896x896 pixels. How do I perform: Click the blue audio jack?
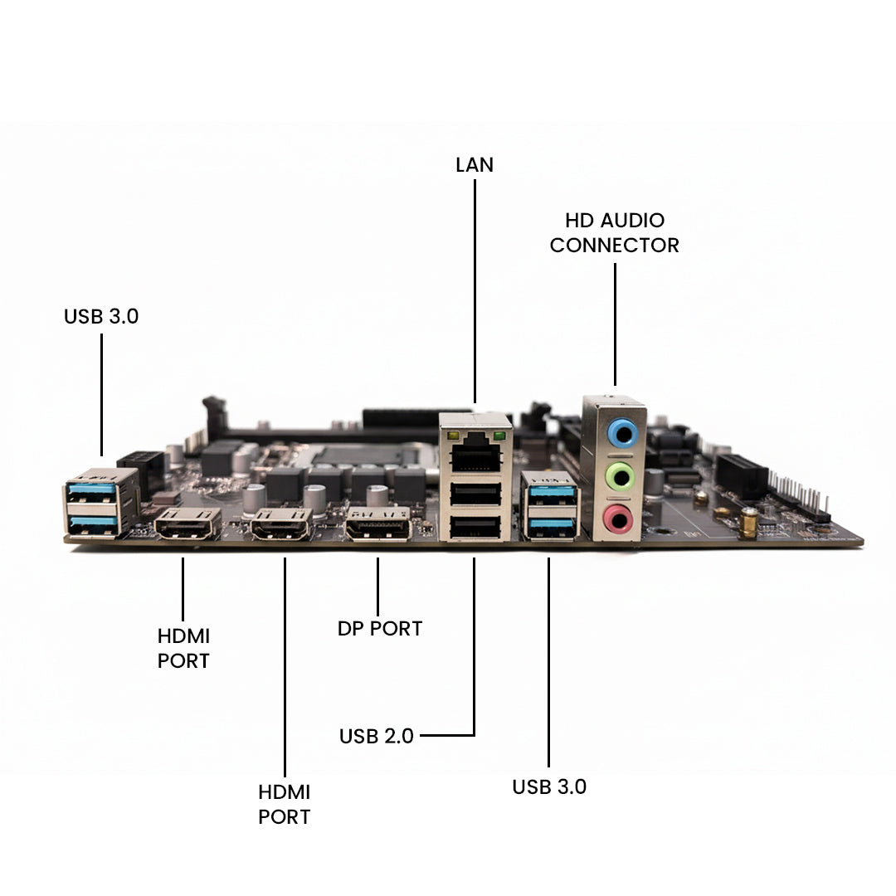pyautogui.click(x=622, y=432)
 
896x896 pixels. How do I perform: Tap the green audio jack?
pyautogui.click(x=621, y=476)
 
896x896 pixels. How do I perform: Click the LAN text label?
pyautogui.click(x=475, y=165)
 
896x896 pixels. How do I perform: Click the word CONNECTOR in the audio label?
pyautogui.click(x=614, y=246)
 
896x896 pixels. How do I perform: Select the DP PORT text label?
pyautogui.click(x=379, y=629)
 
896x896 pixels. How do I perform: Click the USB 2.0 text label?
pyautogui.click(x=376, y=736)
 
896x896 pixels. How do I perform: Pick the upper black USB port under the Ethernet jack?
pyautogui.click(x=475, y=494)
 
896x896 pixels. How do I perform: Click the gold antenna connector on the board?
pyautogui.click(x=748, y=522)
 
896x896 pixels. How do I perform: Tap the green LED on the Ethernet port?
pyautogui.click(x=499, y=436)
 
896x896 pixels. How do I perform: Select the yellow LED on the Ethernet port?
pyautogui.click(x=453, y=436)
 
